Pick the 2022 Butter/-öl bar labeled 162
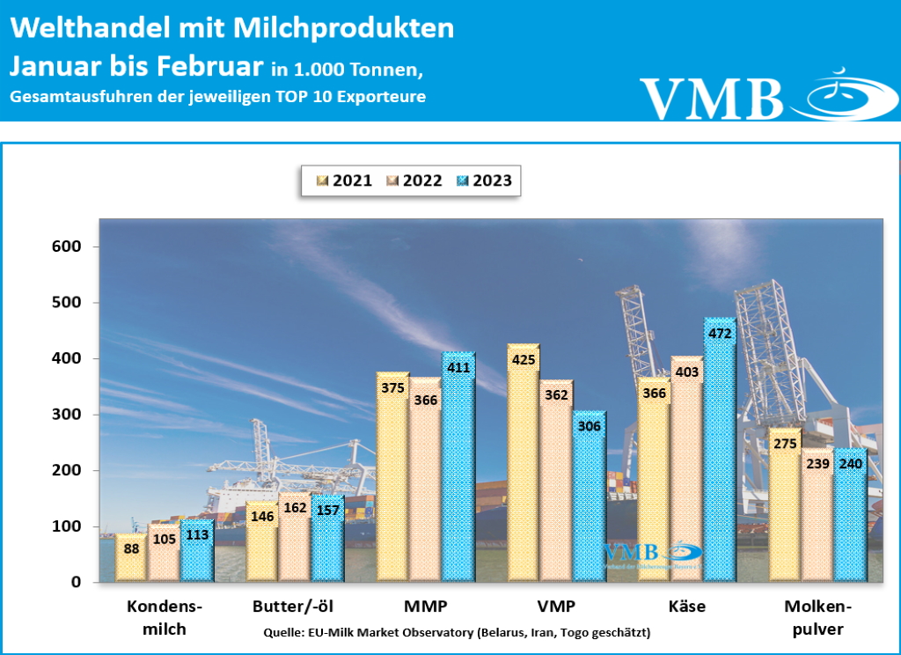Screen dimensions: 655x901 click(x=295, y=539)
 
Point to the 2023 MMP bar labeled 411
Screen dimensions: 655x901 click(x=458, y=471)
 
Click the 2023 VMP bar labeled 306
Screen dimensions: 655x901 click(x=588, y=497)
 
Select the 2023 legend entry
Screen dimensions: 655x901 click(x=483, y=181)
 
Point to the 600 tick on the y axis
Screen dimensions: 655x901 click(x=66, y=247)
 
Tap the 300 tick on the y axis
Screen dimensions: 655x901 click(x=66, y=415)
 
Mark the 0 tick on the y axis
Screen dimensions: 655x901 click(x=76, y=582)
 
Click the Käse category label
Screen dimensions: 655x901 click(x=686, y=607)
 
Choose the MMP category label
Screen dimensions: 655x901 click(x=426, y=607)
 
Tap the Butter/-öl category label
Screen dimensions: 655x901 click(x=293, y=607)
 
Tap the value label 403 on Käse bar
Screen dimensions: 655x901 click(x=686, y=372)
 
